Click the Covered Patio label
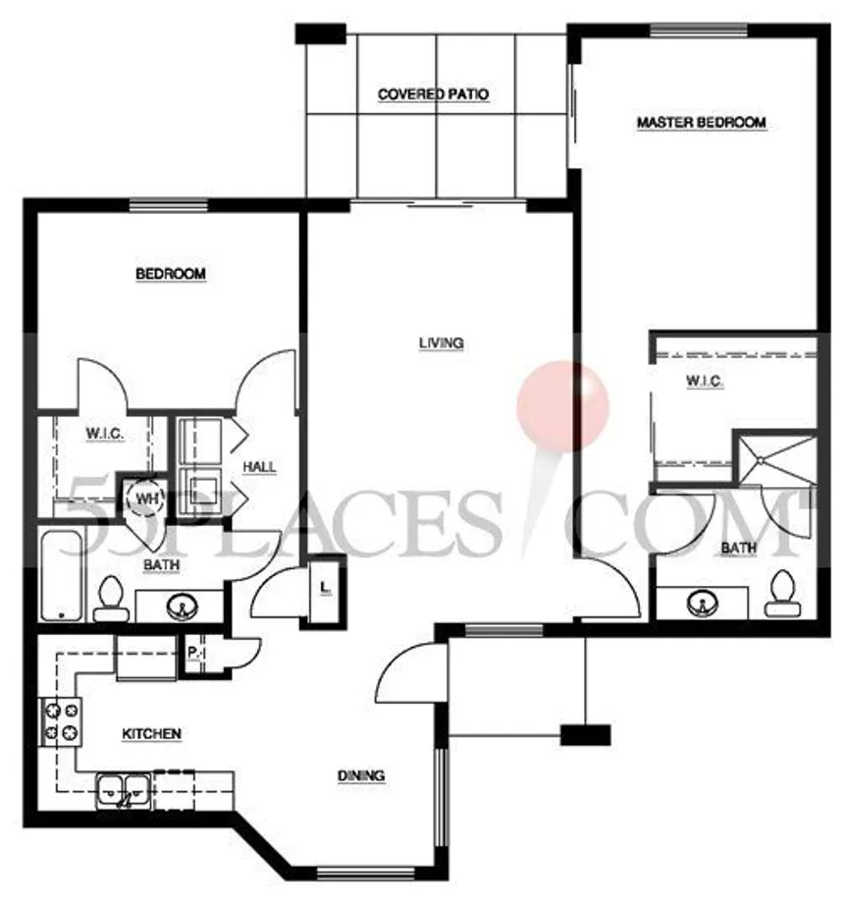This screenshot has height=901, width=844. [x=433, y=94]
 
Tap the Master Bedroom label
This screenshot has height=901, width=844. [x=702, y=123]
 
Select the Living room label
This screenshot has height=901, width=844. [x=442, y=344]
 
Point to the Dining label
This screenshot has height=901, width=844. [x=361, y=775]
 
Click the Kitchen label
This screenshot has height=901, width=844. [x=152, y=734]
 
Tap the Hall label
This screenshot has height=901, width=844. [x=259, y=466]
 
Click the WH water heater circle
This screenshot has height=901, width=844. [x=146, y=499]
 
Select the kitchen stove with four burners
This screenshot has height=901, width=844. [x=60, y=721]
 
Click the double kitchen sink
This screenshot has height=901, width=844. [x=124, y=791]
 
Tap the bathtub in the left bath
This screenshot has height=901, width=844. [x=61, y=575]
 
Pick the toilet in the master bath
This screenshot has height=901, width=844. [x=781, y=594]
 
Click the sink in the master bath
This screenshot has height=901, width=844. [x=702, y=603]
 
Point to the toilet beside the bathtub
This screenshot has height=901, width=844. [x=111, y=599]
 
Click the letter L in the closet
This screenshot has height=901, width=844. [x=325, y=588]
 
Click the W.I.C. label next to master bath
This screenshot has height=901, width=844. [x=704, y=381]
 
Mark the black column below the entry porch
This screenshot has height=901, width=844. [x=585, y=735]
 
